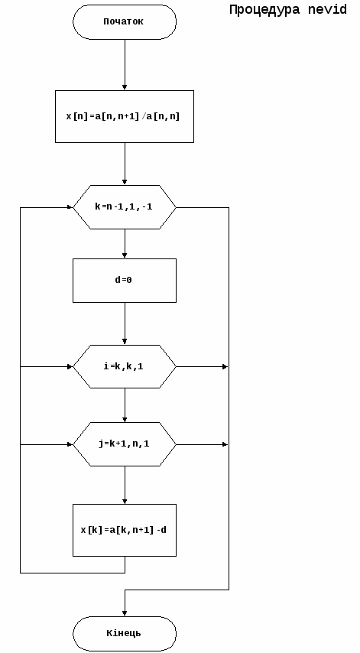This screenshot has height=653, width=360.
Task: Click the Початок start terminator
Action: click(x=125, y=22)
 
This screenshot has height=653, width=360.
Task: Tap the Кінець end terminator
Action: click(x=125, y=633)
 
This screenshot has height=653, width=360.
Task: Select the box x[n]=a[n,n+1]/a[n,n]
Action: click(x=125, y=116)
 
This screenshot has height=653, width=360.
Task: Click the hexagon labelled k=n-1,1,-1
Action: click(x=125, y=207)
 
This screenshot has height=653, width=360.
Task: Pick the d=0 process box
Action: click(x=125, y=281)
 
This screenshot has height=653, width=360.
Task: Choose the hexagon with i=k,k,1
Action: click(x=125, y=366)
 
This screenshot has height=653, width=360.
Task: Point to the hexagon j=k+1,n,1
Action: click(x=125, y=444)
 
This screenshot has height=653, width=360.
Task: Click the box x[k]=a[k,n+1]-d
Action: click(x=125, y=530)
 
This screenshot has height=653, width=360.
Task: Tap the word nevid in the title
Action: click(x=328, y=10)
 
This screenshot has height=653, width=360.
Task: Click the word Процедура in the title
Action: click(x=264, y=10)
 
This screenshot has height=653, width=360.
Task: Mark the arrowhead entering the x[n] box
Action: click(x=125, y=87)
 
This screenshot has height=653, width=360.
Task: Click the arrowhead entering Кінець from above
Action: click(x=125, y=613)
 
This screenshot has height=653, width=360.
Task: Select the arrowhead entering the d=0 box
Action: click(x=125, y=255)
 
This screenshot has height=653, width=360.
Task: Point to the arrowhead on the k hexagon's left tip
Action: click(x=70, y=207)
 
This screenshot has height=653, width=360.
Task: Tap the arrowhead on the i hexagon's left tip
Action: click(x=70, y=366)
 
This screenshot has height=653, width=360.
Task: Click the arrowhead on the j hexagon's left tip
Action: click(x=70, y=444)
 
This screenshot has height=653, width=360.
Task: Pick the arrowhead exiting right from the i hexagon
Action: click(x=225, y=366)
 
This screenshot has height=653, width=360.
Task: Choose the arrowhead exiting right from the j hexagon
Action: click(x=225, y=444)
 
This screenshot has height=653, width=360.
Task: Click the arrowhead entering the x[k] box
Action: click(x=125, y=502)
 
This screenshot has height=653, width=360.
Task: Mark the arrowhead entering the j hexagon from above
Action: click(x=125, y=420)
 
